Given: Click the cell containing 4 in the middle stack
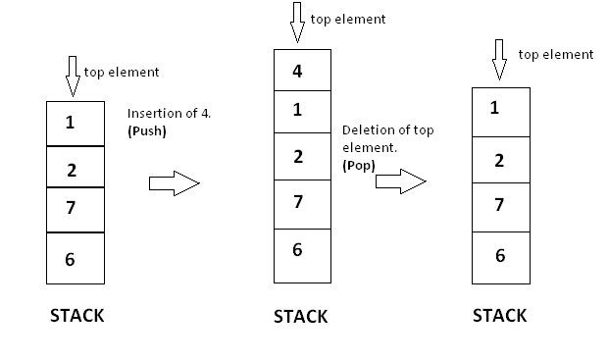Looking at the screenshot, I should click(x=298, y=70).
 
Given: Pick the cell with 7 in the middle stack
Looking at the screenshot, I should click(x=298, y=203).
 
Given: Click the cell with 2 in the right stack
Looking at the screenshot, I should click(x=500, y=161).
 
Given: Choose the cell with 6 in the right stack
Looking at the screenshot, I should click(x=500, y=255).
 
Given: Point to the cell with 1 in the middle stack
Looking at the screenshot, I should click(x=298, y=110).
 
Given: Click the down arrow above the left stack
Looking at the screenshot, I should click(x=72, y=76).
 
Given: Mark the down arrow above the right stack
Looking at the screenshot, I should click(x=499, y=61).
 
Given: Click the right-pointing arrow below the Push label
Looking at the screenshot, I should click(x=174, y=182).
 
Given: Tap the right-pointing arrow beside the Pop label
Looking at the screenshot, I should click(x=400, y=180).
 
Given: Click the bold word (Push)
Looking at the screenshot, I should click(x=148, y=130).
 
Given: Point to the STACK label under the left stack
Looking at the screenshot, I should click(x=76, y=316).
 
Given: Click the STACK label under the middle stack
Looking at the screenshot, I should click(x=300, y=317).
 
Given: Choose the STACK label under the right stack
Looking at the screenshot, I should click(x=499, y=316).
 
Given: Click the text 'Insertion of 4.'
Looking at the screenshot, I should click(x=169, y=113).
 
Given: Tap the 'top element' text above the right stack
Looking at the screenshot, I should click(x=555, y=55).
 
